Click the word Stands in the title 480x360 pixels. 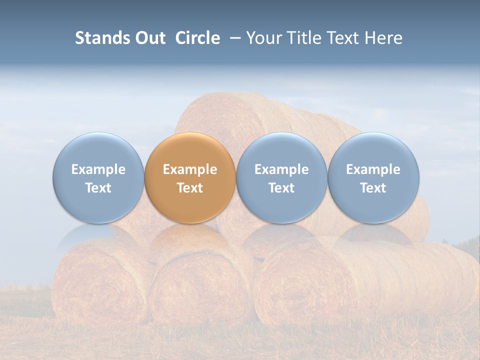click(101, 38)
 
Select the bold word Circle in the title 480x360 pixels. click(197, 38)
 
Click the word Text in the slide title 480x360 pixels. click(343, 38)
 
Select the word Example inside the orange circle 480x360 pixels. click(190, 169)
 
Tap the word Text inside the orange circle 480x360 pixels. click(190, 188)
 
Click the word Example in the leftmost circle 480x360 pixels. click(98, 169)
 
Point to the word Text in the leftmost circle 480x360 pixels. click(98, 188)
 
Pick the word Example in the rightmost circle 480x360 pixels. click(373, 169)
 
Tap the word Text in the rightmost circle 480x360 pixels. click(373, 188)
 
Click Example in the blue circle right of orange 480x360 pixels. click(281, 169)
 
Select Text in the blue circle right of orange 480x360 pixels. click(281, 188)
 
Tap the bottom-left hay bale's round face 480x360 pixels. click(95, 280)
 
